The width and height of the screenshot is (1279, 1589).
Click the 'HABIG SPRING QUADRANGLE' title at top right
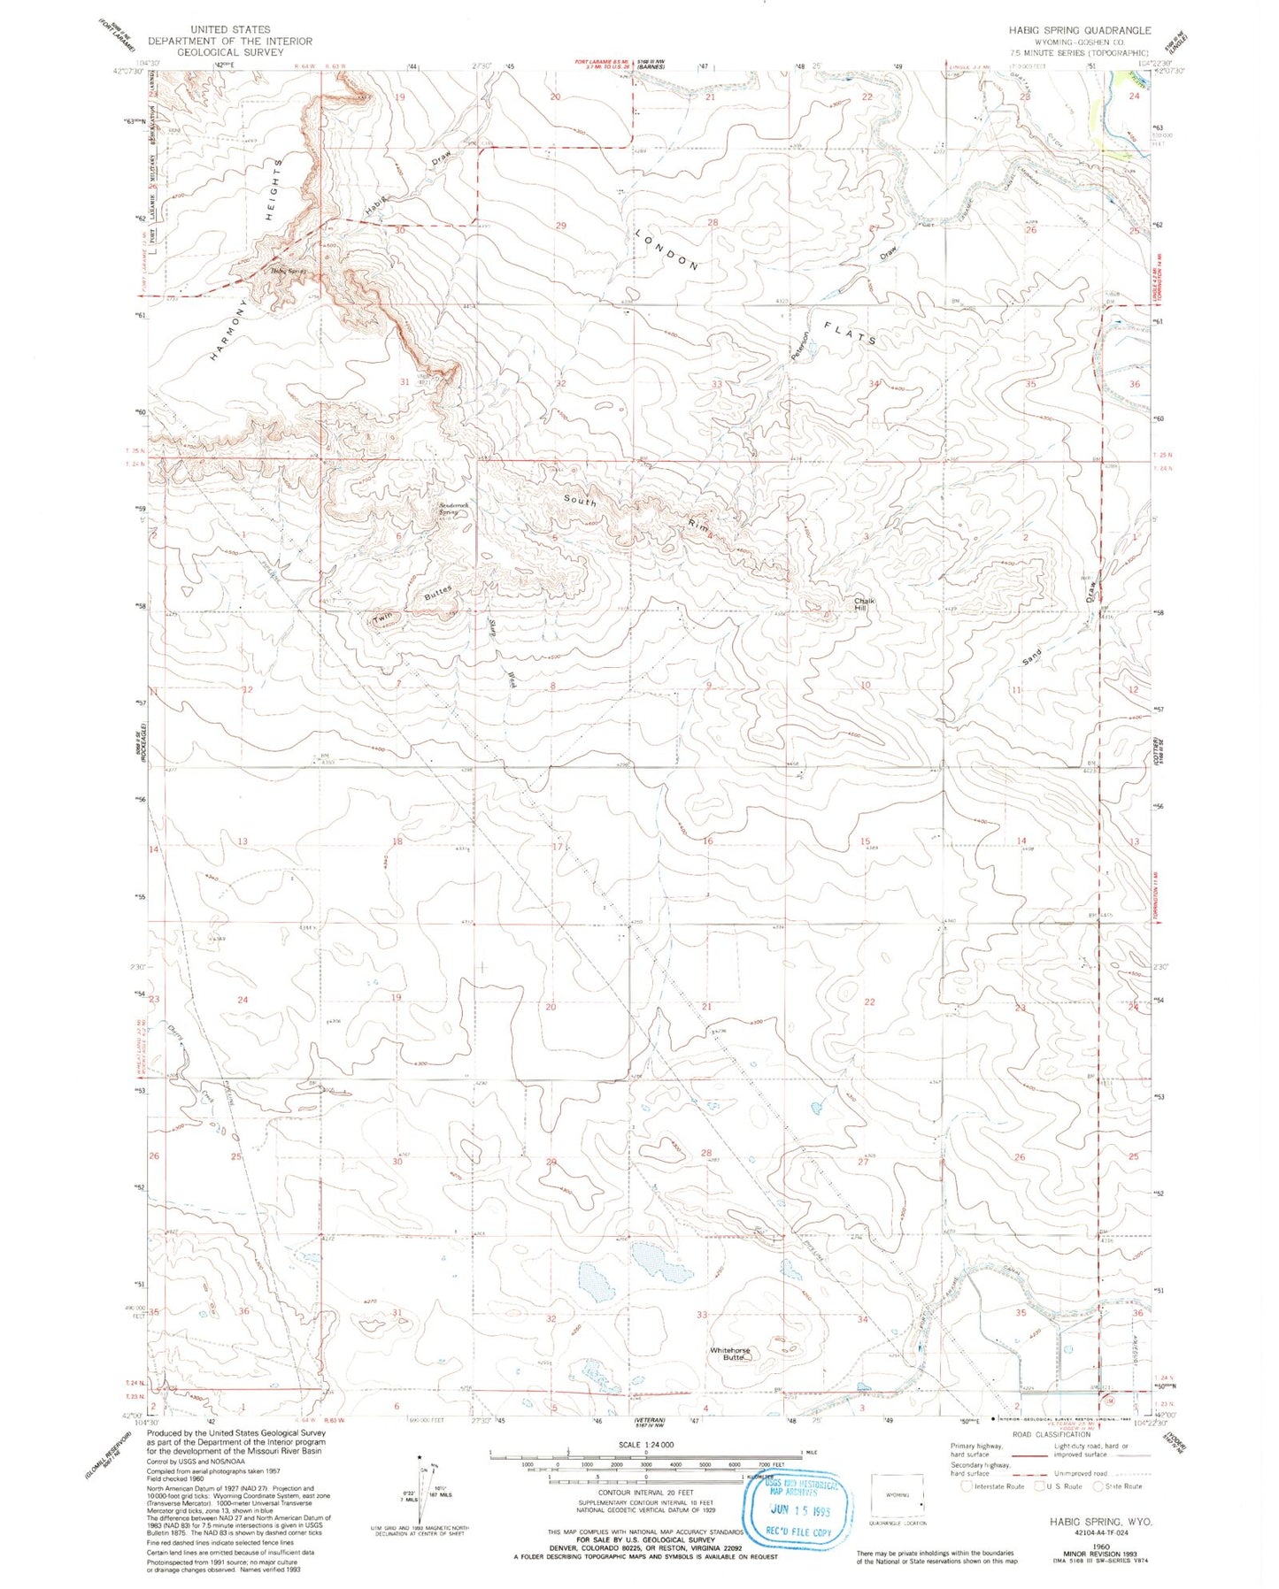click(1080, 30)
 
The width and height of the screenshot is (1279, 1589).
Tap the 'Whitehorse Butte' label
click(729, 1354)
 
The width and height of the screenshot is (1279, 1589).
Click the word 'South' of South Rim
click(581, 501)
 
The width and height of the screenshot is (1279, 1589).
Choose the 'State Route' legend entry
click(1120, 1485)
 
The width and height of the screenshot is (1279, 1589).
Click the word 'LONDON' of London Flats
click(666, 249)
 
